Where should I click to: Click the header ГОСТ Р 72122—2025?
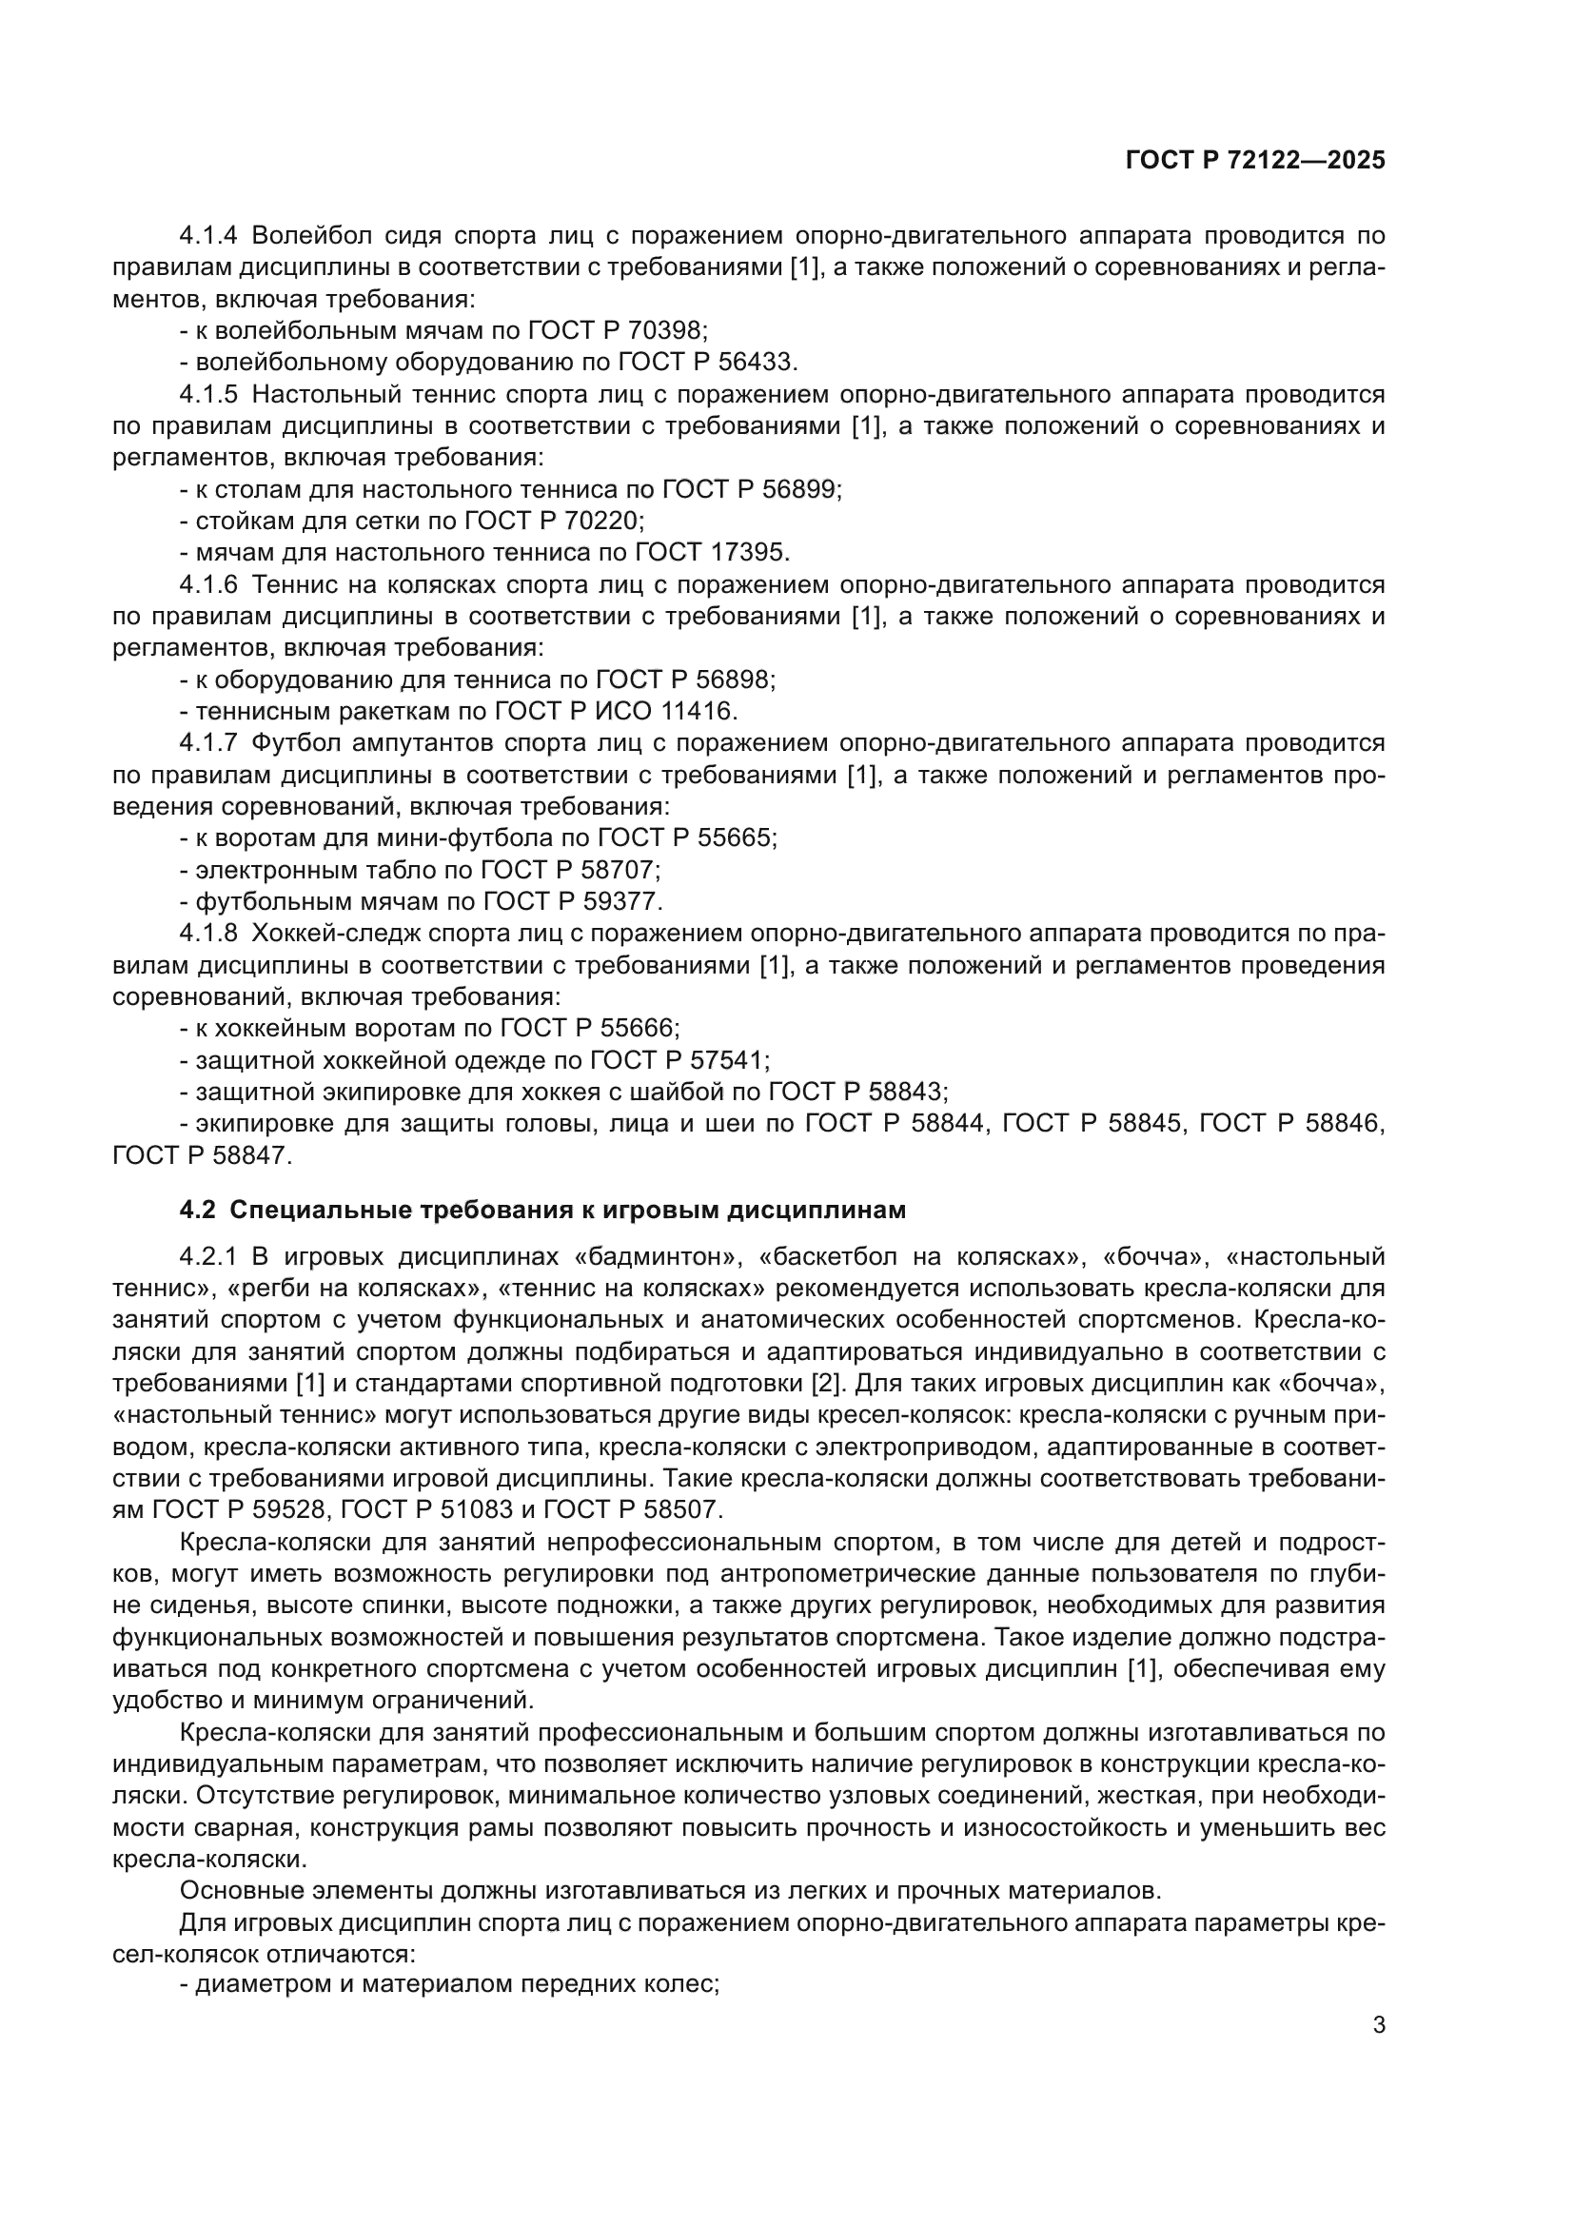(x=1255, y=161)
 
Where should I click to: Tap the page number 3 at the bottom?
(x=1378, y=2025)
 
